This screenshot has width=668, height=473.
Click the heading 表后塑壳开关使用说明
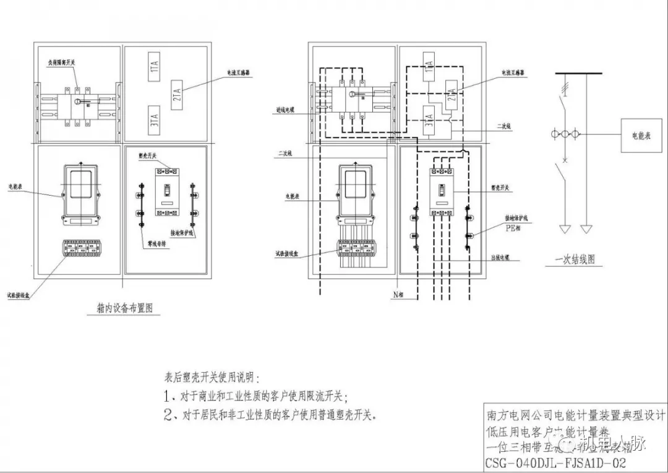(x=212, y=376)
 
